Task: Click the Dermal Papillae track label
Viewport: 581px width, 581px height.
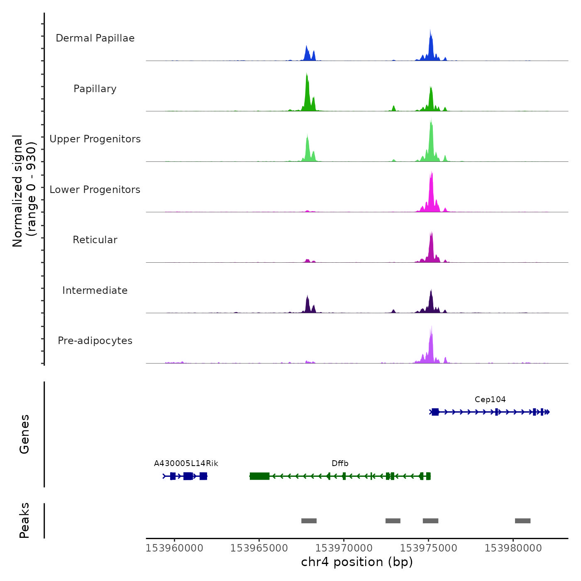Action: point(95,38)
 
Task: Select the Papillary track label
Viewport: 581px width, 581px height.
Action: point(95,89)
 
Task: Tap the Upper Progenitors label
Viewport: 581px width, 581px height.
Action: point(95,139)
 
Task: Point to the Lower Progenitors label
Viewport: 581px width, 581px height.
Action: point(95,190)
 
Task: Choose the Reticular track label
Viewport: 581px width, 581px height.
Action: point(95,240)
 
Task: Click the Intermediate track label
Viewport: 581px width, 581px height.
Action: point(95,290)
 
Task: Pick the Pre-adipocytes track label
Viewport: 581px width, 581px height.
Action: point(95,341)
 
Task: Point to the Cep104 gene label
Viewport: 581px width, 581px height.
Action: point(490,400)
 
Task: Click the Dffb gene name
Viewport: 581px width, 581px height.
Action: point(340,464)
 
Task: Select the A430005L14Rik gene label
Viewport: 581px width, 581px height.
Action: point(186,464)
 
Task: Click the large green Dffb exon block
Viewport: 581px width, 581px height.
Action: point(259,476)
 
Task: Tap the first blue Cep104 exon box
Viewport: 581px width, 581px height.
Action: point(435,412)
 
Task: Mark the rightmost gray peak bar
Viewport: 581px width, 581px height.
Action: point(522,521)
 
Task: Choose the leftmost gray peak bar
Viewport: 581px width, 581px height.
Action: point(309,521)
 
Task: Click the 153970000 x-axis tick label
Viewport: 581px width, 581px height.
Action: point(344,548)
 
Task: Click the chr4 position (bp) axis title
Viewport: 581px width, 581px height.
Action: point(357,562)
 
